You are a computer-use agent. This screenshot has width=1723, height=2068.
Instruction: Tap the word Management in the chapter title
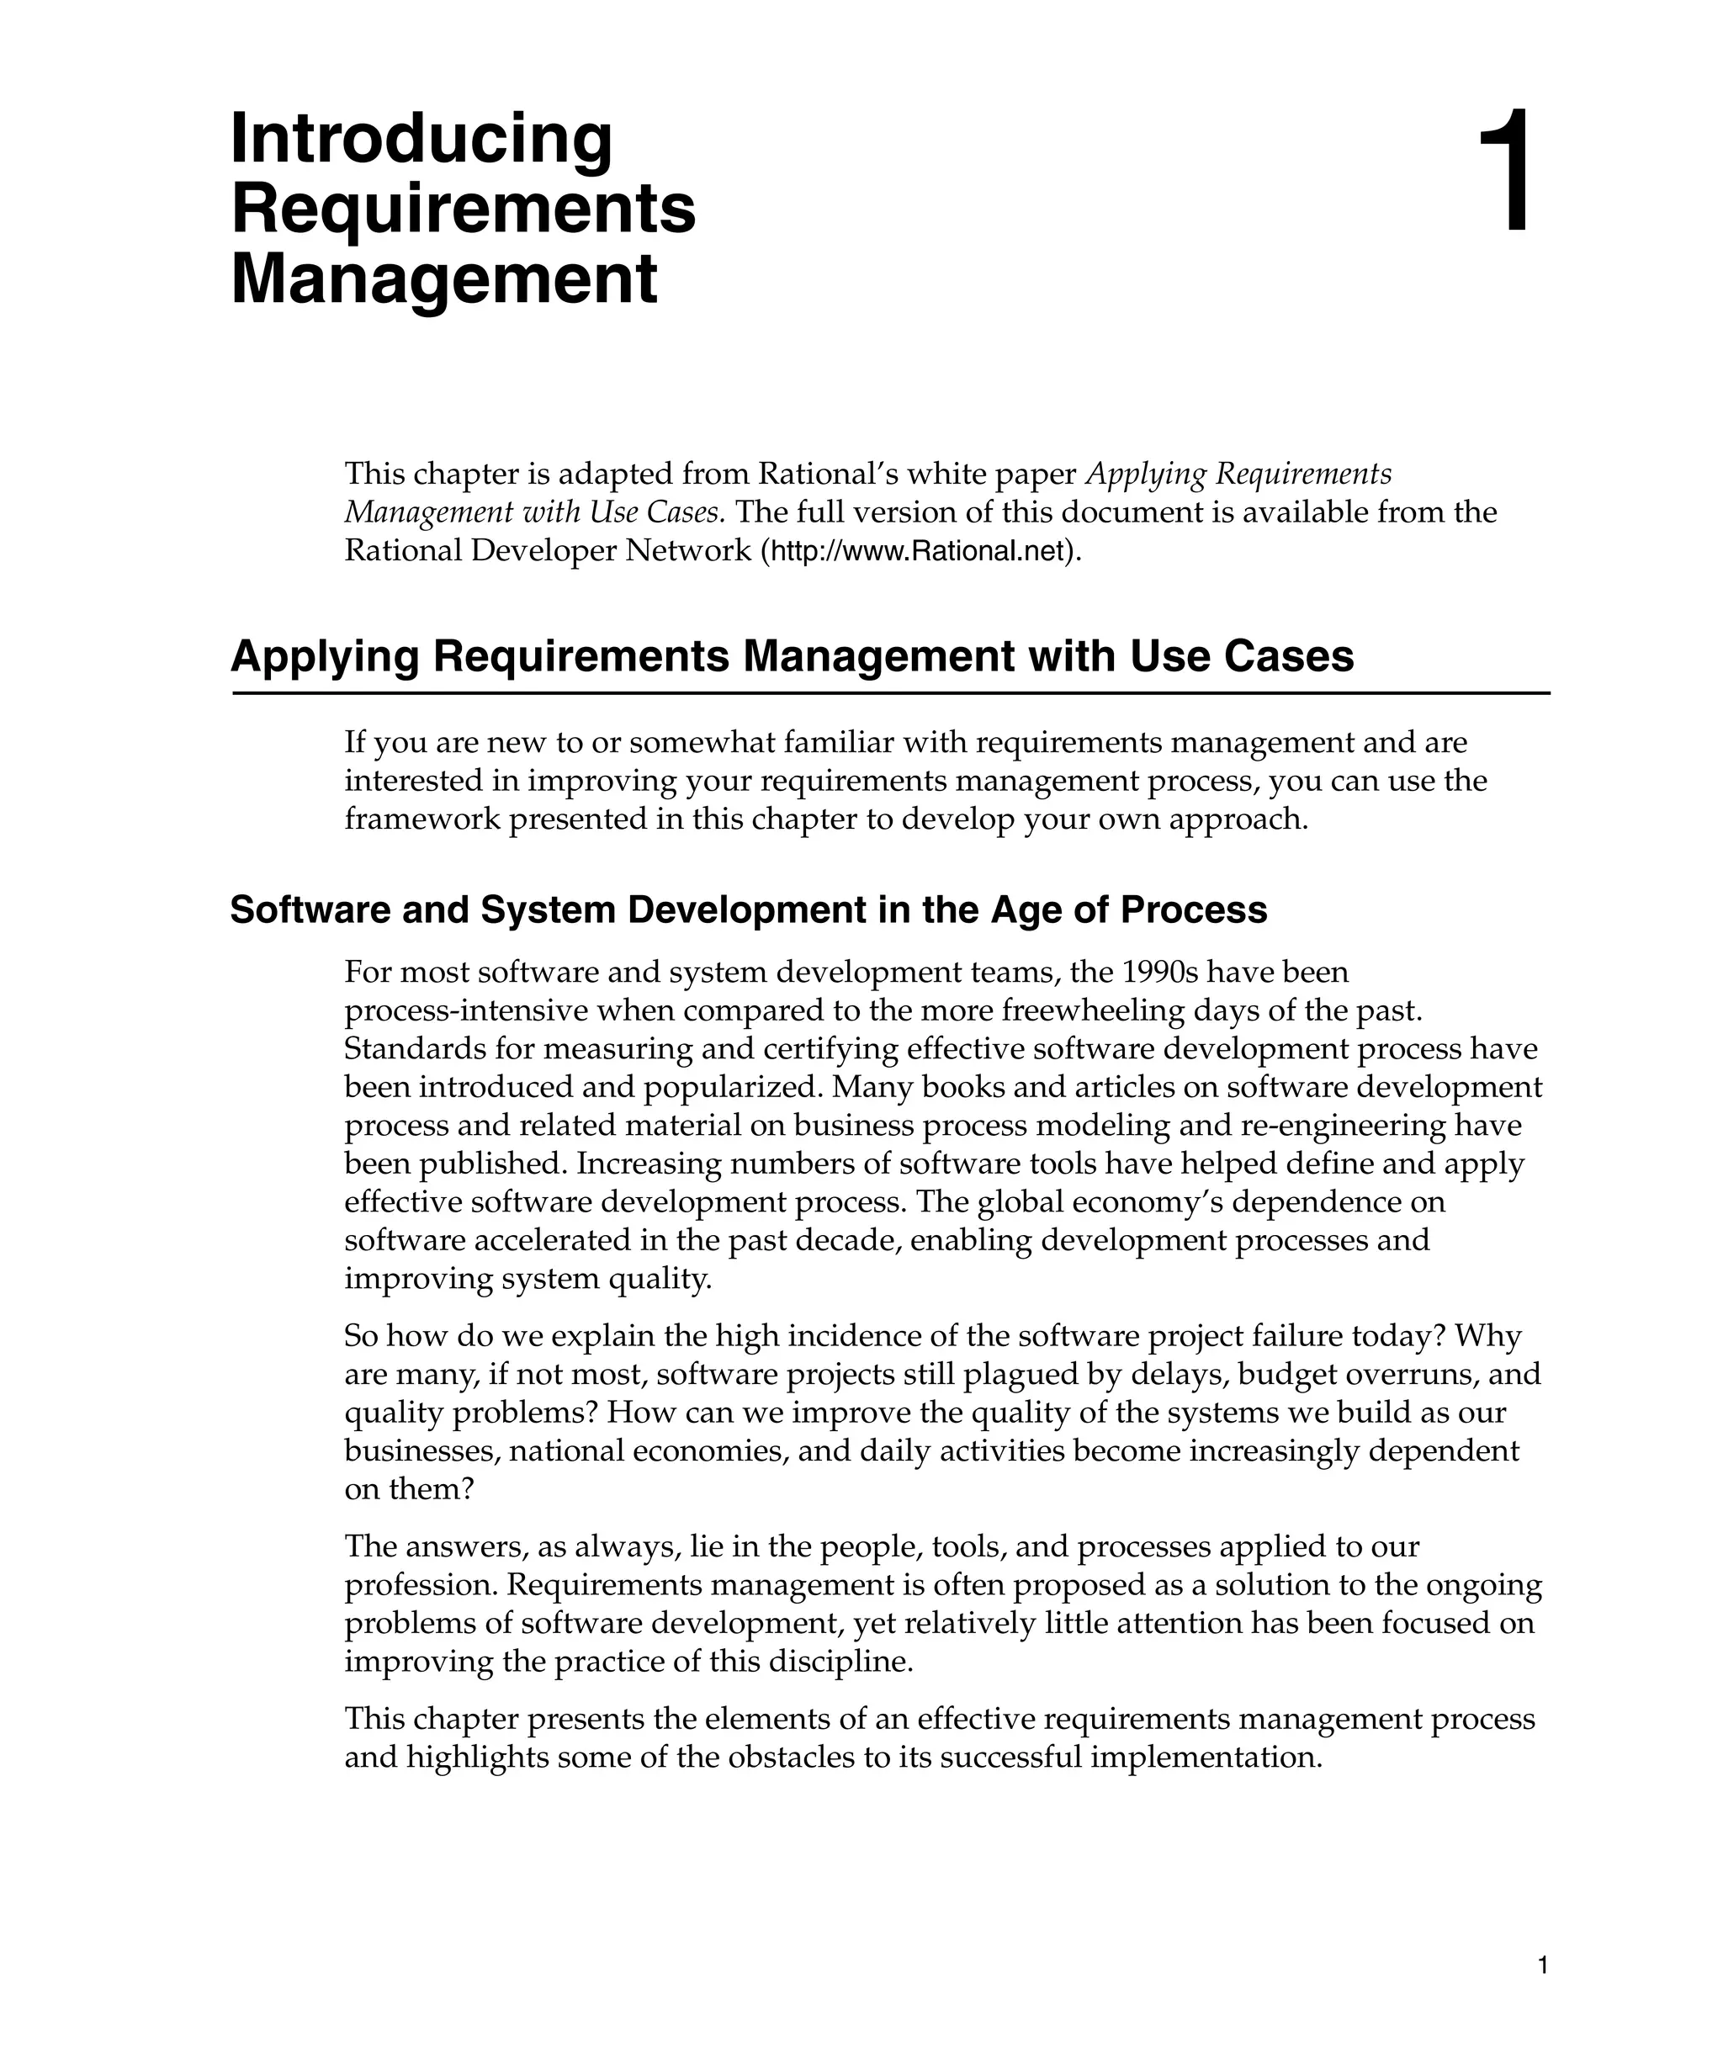(444, 279)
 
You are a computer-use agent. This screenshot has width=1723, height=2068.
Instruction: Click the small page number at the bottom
(1543, 1966)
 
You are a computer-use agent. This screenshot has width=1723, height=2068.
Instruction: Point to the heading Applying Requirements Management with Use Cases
(792, 657)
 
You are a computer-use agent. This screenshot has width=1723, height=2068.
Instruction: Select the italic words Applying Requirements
(1238, 474)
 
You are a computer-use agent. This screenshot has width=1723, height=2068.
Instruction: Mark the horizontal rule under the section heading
(890, 693)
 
